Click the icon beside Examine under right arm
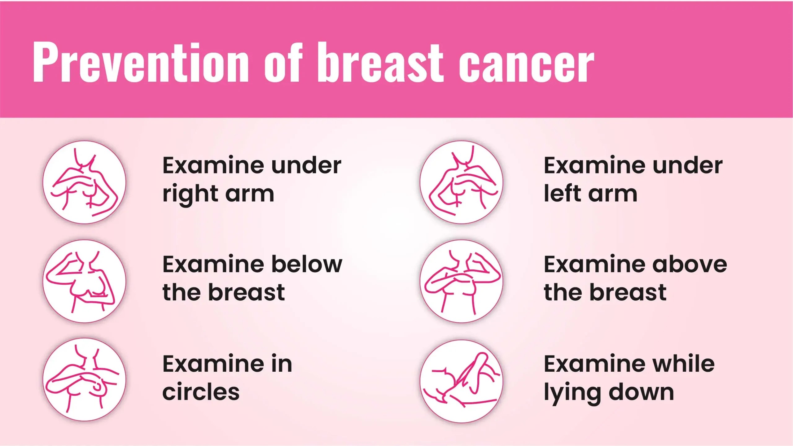pos(85,182)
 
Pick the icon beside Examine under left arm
pos(462,182)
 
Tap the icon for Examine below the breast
pos(85,281)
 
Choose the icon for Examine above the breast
pos(462,281)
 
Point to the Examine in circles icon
pos(85,380)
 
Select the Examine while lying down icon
pos(462,381)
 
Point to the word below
pos(307,265)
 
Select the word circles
pos(201,392)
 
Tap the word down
pos(641,392)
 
